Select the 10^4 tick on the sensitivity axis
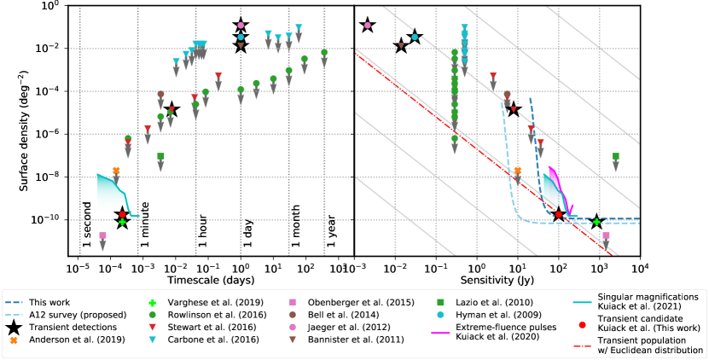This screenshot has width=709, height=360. pyautogui.click(x=640, y=266)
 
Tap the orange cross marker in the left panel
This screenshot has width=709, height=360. pyautogui.click(x=116, y=171)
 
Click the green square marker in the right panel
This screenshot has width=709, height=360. pyautogui.click(x=616, y=157)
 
